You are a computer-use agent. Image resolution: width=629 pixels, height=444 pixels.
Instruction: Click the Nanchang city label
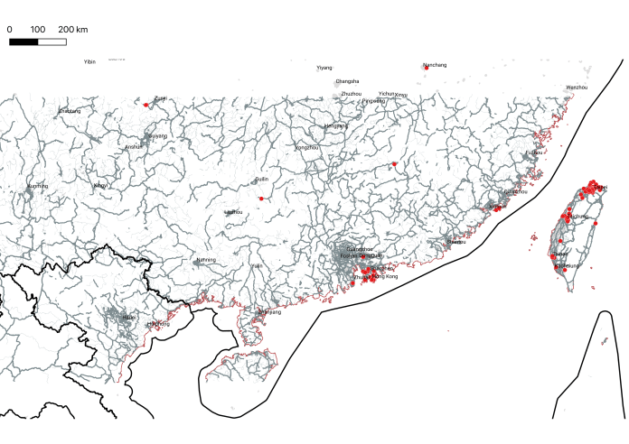pyautogui.click(x=435, y=65)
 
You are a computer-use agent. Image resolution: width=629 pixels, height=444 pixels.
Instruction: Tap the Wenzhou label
pyautogui.click(x=577, y=88)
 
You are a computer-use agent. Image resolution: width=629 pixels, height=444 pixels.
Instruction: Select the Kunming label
pyautogui.click(x=37, y=186)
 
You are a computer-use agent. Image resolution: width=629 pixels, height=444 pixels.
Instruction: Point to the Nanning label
pyautogui.click(x=206, y=261)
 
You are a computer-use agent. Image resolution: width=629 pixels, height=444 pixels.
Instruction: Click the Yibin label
pyautogui.click(x=89, y=62)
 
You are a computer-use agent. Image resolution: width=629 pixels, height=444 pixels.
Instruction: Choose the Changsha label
pyautogui.click(x=347, y=81)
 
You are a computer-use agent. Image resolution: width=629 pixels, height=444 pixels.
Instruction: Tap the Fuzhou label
pyautogui.click(x=534, y=153)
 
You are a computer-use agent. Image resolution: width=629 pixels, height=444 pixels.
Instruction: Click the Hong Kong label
pyautogui.click(x=385, y=276)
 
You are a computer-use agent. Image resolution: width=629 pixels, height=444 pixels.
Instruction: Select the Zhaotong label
pyautogui.click(x=70, y=111)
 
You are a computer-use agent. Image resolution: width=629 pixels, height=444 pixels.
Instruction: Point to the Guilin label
pyautogui.click(x=261, y=180)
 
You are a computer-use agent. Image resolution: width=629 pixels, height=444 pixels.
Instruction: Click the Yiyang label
pyautogui.click(x=324, y=68)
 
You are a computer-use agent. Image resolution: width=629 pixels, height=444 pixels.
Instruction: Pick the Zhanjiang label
pyautogui.click(x=269, y=312)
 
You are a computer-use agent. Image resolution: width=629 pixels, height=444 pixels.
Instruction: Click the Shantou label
pyautogui.click(x=456, y=242)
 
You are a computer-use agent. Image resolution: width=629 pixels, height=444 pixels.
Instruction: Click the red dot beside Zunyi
pyautogui.click(x=146, y=105)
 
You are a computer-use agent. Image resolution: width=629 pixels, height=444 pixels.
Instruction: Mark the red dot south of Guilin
pyautogui.click(x=260, y=199)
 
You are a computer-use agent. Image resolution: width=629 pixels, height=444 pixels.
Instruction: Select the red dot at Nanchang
pyautogui.click(x=426, y=69)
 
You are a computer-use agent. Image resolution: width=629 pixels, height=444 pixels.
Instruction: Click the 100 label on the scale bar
pyautogui.click(x=38, y=31)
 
